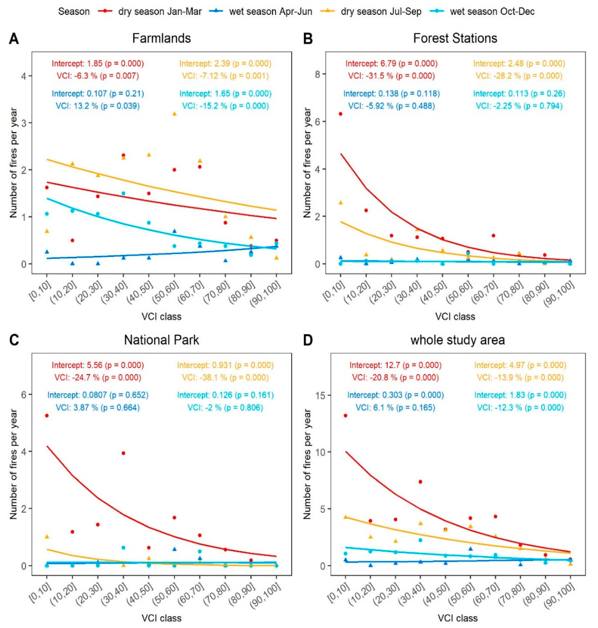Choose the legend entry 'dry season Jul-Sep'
pyautogui.click(x=381, y=11)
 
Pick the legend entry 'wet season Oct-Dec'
pyautogui.click(x=492, y=11)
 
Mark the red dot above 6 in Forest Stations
pyautogui.click(x=340, y=114)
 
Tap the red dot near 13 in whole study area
pyautogui.click(x=345, y=416)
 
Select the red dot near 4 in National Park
pyautogui.click(x=123, y=453)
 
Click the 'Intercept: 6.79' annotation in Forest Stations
pyautogui.click(x=391, y=64)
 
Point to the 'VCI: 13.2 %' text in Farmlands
pyautogui.click(x=98, y=106)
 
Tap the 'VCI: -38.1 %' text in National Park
pyautogui.click(x=225, y=378)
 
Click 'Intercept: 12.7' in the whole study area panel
pyautogui.click(x=395, y=365)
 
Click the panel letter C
pyautogui.click(x=14, y=340)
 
